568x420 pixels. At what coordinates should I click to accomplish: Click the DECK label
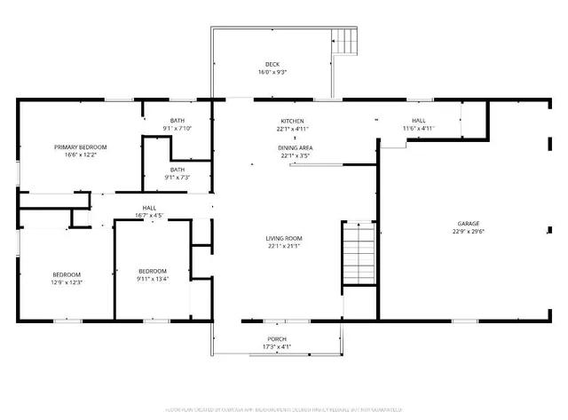(x=272, y=64)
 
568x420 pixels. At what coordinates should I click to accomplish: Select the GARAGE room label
(x=469, y=224)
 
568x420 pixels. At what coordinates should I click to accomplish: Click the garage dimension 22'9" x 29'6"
(x=469, y=233)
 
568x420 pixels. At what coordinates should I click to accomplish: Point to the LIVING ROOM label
(x=284, y=238)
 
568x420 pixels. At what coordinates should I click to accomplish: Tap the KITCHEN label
(x=293, y=121)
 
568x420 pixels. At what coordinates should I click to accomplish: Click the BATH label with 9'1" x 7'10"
(x=177, y=121)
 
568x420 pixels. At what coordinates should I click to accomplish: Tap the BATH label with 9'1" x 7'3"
(x=177, y=170)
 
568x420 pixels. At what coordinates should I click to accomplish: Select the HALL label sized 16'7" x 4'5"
(x=149, y=207)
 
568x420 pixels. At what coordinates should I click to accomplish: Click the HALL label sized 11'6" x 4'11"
(x=418, y=121)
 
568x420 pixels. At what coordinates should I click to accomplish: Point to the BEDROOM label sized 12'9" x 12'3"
(x=67, y=274)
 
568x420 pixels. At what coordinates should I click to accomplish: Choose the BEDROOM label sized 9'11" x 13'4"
(x=153, y=271)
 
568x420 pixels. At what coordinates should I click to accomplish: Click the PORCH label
(x=277, y=339)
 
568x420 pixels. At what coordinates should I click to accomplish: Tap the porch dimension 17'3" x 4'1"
(x=277, y=347)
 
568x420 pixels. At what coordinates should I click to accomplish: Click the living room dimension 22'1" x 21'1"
(x=284, y=247)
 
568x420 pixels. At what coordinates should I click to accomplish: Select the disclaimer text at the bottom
(x=284, y=408)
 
